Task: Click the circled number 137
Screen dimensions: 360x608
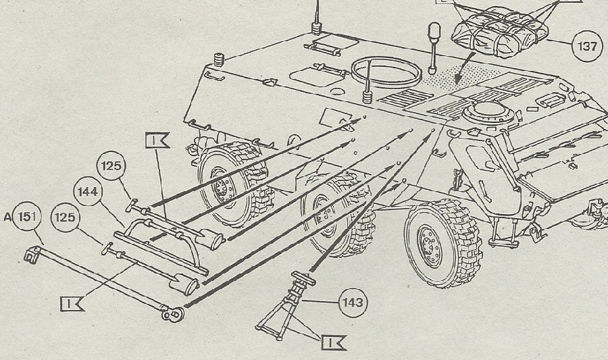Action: (x=585, y=46)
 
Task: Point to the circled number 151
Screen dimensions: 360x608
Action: (x=27, y=217)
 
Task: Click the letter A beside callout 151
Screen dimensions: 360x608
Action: (x=7, y=217)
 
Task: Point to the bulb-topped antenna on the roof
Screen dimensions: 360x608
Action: (x=434, y=34)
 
